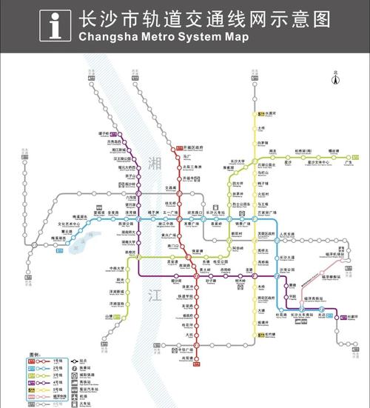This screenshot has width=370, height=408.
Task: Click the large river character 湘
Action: coord(154,162)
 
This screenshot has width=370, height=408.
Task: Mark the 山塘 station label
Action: coord(108,316)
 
